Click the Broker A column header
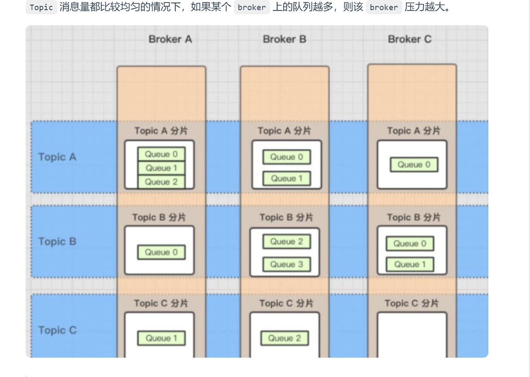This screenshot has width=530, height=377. tap(170, 39)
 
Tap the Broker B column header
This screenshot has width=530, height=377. tap(284, 39)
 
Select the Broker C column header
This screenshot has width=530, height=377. tap(409, 39)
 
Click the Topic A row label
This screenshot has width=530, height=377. tap(57, 157)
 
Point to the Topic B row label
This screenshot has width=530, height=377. tap(57, 242)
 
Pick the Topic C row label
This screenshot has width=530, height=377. tap(57, 330)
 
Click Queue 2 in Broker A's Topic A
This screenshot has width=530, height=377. tap(161, 182)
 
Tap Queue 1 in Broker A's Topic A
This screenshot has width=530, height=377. tap(161, 168)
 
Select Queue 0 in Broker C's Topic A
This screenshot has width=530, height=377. tap(414, 165)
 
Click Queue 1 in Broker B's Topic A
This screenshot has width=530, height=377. tap(286, 179)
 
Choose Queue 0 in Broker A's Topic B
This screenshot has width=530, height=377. tap(161, 252)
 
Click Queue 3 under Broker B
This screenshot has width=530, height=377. tap(286, 264)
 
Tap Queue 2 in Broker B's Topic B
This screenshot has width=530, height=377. tap(286, 242)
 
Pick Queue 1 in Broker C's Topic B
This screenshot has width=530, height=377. tap(410, 264)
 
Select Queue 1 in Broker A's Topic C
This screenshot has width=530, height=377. tap(161, 338)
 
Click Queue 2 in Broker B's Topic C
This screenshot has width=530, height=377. tap(284, 338)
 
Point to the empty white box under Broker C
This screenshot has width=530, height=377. tap(412, 334)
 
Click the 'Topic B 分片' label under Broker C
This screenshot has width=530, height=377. tap(413, 217)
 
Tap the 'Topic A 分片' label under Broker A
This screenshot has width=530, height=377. tap(161, 131)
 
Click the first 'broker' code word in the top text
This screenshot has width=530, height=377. tap(252, 7)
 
